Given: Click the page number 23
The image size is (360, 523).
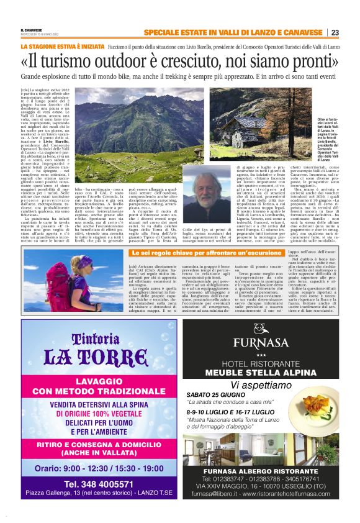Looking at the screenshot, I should [x=335, y=32].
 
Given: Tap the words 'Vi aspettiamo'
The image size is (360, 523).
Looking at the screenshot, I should [x=266, y=385].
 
